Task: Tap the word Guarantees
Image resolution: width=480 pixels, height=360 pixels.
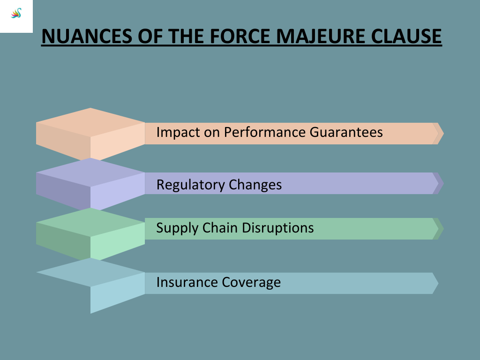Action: pyautogui.click(x=346, y=132)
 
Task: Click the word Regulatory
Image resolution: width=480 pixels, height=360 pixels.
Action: pyautogui.click(x=190, y=185)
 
